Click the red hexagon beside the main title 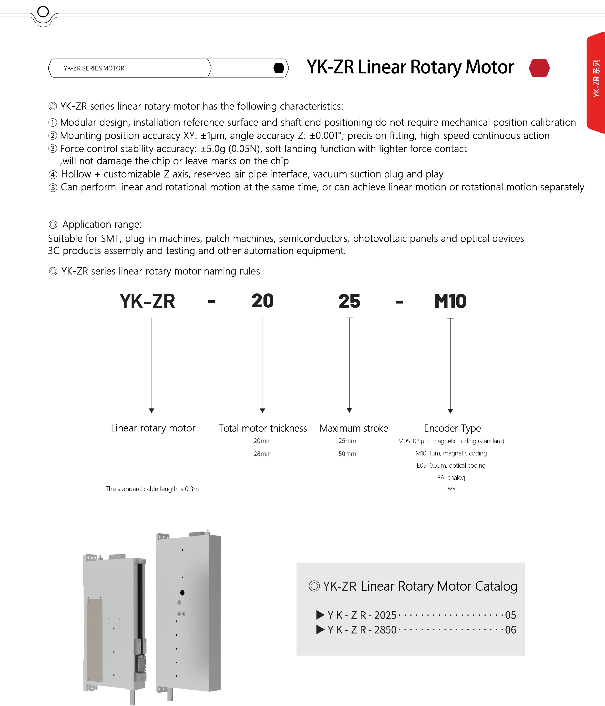pos(539,68)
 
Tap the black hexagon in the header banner pos(279,68)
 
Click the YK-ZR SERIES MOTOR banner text pos(94,68)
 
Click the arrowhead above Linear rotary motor pos(152,411)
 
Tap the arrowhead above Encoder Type pos(450,411)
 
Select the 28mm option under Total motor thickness pos(262,454)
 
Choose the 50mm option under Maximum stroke pos(347,454)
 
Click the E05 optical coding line pos(451,465)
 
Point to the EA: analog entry pos(451,478)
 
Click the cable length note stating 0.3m pos(152,489)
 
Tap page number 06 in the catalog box pos(510,630)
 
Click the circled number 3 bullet pos(52,149)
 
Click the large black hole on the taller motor pos(182,593)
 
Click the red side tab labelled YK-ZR pos(596,82)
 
